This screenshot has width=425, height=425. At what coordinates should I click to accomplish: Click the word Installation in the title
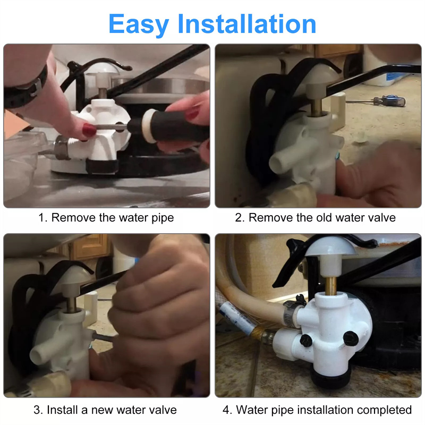point(247,24)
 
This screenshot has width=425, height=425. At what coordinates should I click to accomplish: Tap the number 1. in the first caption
point(43,218)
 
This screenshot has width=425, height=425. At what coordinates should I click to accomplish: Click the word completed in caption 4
point(384,410)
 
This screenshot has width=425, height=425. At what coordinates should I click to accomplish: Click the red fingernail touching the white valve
point(89,130)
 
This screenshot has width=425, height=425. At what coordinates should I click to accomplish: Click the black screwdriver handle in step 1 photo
point(168,126)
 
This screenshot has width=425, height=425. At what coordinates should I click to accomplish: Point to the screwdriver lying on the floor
point(377,101)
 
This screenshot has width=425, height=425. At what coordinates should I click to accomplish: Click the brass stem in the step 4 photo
point(330,286)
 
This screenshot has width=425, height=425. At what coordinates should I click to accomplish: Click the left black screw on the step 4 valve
point(306,341)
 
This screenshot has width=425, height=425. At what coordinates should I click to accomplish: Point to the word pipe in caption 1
point(163,218)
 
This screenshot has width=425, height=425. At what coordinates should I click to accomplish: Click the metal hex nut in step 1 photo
point(62,148)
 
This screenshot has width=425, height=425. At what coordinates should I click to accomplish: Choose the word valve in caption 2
point(382,217)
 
